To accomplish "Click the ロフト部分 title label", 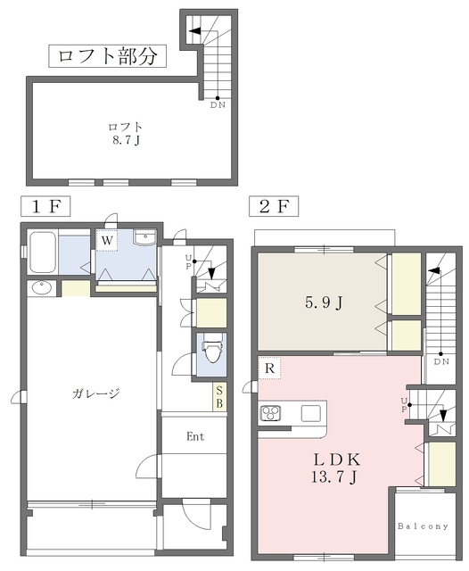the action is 107,56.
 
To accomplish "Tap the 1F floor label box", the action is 45,206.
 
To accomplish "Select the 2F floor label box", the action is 274,206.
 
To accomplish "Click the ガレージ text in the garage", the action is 95,393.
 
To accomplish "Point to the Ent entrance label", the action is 195,436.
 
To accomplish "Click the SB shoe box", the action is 219,397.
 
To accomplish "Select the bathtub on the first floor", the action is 43,252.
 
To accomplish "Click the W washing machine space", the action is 107,240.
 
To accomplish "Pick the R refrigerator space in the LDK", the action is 269,368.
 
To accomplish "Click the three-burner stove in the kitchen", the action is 270,413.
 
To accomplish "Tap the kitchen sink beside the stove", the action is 310,413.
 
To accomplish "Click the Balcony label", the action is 423,526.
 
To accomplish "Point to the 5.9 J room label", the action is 324,302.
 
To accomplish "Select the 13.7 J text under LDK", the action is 333,476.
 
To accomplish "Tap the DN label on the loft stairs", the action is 218,105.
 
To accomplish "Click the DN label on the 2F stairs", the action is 441,361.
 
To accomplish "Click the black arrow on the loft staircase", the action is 194,31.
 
